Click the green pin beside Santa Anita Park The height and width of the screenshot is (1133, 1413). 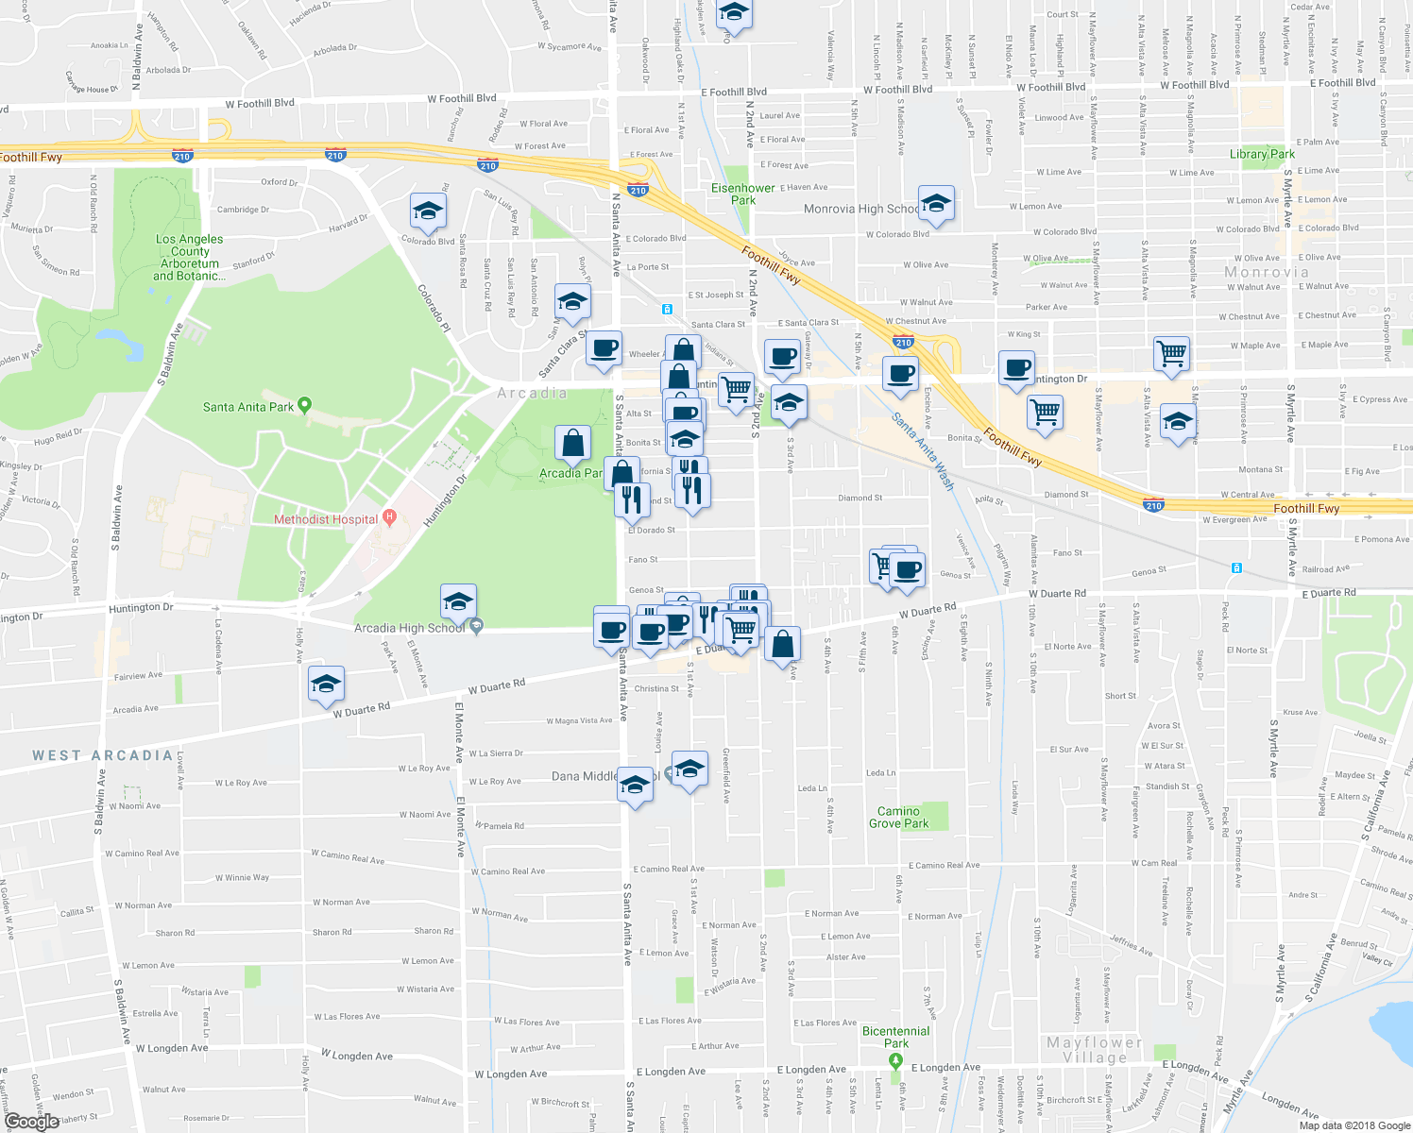(304, 406)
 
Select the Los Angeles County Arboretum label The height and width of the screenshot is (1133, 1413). (190, 258)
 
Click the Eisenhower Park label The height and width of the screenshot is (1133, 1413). (743, 194)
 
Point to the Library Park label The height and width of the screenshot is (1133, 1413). (1262, 154)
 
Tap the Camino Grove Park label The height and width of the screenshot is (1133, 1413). (898, 818)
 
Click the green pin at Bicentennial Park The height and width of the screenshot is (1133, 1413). (896, 1061)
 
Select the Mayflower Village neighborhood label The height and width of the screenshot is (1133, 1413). (1095, 1050)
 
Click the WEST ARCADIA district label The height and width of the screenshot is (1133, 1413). (103, 755)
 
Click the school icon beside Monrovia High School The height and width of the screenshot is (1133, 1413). (935, 203)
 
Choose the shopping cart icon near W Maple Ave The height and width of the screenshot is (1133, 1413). (1171, 354)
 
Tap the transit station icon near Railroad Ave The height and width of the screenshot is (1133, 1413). (1235, 567)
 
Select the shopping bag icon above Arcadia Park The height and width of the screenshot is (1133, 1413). (572, 442)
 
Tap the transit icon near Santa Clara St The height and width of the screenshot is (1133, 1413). (667, 309)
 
